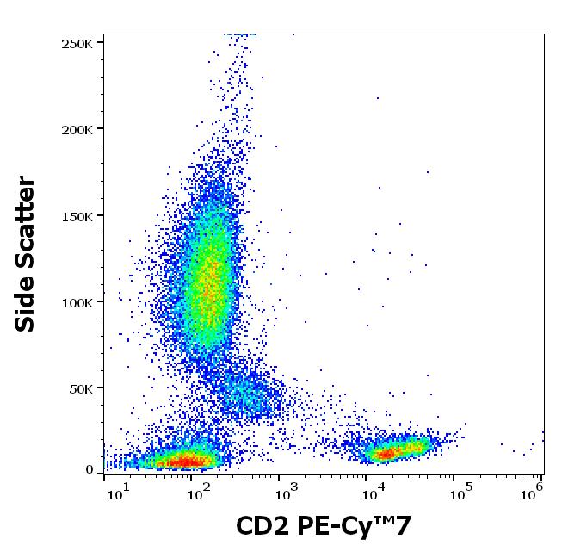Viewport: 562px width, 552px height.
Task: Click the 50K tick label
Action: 83,388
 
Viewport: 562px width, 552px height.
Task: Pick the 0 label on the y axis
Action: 90,469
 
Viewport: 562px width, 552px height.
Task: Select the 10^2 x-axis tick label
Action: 200,492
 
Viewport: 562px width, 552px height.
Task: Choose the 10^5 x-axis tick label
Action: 461,492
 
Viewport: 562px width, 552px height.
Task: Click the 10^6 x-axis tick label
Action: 533,492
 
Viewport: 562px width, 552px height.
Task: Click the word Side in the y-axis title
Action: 26,304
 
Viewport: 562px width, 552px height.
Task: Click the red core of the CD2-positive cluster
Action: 386,451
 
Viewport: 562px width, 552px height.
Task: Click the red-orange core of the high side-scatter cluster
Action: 207,288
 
